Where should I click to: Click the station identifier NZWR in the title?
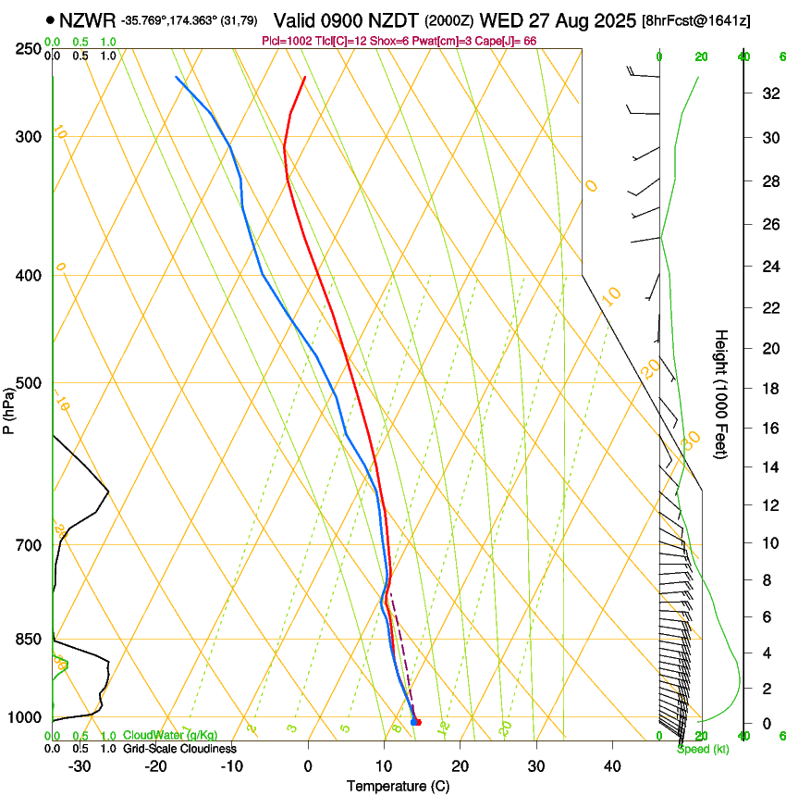[87, 20]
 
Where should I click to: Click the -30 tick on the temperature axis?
[80, 766]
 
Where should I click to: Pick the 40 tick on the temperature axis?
[611, 766]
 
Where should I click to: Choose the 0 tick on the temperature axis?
[308, 766]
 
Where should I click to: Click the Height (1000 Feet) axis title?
[721, 393]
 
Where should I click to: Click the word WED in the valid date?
[539, 20]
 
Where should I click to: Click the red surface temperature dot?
[418, 722]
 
